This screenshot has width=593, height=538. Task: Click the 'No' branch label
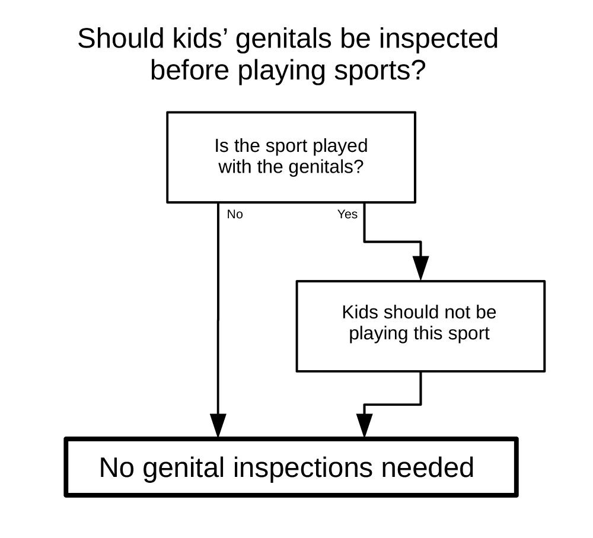[x=235, y=214]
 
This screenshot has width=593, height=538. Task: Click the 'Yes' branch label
[x=347, y=214]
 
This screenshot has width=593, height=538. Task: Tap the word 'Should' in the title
[x=120, y=38]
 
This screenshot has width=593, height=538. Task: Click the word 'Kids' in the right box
[x=361, y=312]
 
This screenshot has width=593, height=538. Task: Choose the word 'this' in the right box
[x=429, y=333]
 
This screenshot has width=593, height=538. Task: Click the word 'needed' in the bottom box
[x=428, y=467]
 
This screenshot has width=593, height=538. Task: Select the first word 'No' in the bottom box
[x=116, y=467]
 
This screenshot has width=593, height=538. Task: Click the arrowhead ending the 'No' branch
[x=218, y=426]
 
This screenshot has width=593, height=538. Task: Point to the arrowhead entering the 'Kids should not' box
[x=420, y=268]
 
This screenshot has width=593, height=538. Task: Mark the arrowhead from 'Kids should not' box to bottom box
[x=364, y=426]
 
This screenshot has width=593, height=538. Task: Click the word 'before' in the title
[x=190, y=71]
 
